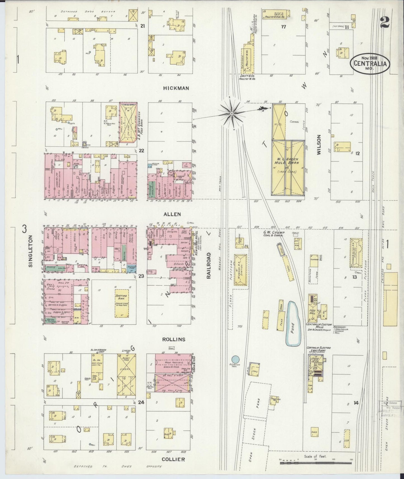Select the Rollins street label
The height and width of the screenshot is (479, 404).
[x=174, y=339]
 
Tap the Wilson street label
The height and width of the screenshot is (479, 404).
[x=319, y=144]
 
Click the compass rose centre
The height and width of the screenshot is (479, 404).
[x=232, y=113]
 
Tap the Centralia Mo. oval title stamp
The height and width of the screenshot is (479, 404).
[x=370, y=63]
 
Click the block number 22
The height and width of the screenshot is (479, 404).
[x=141, y=151]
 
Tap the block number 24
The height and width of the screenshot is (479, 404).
[x=141, y=402]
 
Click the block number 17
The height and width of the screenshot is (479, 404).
[x=283, y=27]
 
